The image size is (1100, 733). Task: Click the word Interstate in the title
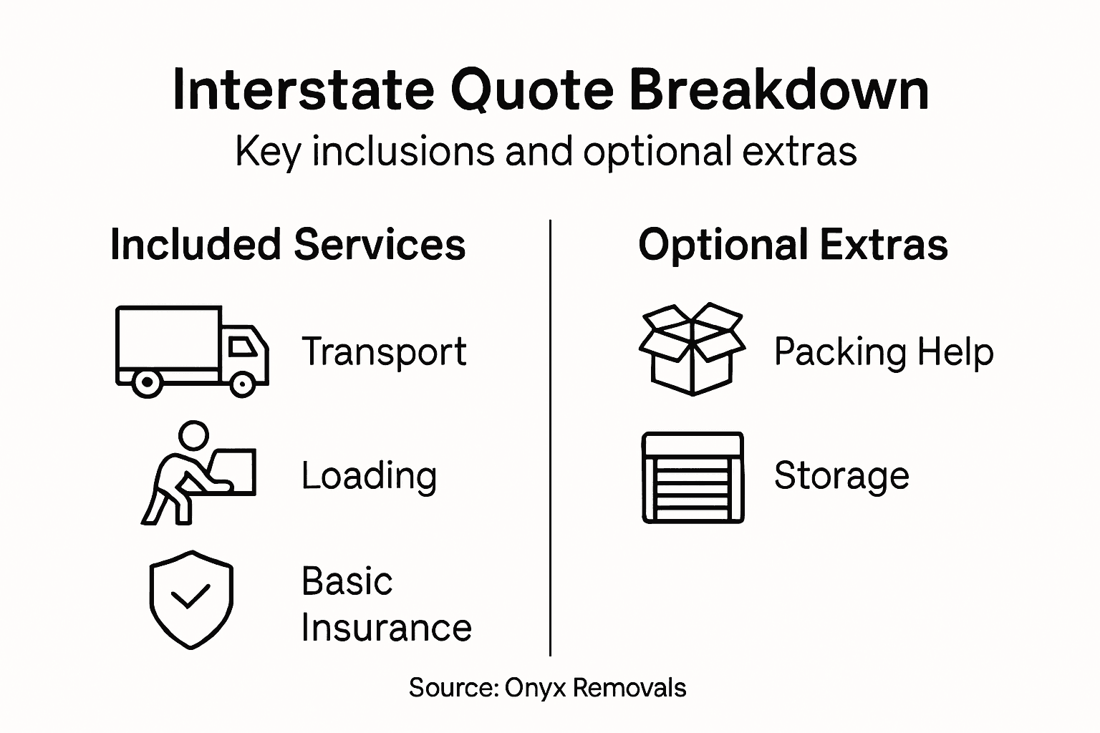303,90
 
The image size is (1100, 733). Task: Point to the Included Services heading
288,245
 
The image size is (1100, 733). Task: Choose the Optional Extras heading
793,245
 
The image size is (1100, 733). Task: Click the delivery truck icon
191,351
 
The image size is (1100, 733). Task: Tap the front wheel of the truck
242,384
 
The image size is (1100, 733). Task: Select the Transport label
384,351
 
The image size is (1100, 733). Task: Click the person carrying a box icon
198,472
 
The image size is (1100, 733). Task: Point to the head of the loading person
193,435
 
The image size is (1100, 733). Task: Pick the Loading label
369,475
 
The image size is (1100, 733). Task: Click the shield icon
191,599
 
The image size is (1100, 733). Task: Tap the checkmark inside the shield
190,596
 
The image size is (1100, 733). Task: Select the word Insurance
386,628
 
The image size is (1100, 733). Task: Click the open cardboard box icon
692,349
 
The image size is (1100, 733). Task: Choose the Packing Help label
884,351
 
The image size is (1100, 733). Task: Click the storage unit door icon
693,477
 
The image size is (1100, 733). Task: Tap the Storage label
841,475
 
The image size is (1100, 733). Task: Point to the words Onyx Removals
595,688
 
